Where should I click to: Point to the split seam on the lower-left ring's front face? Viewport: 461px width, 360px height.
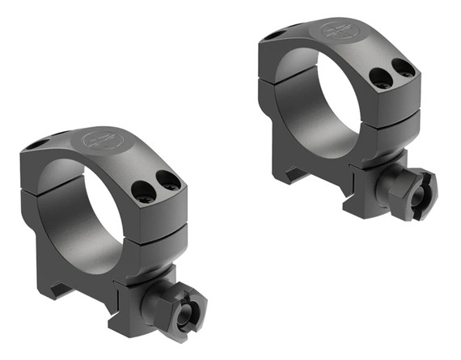pyautogui.click(x=154, y=222)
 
